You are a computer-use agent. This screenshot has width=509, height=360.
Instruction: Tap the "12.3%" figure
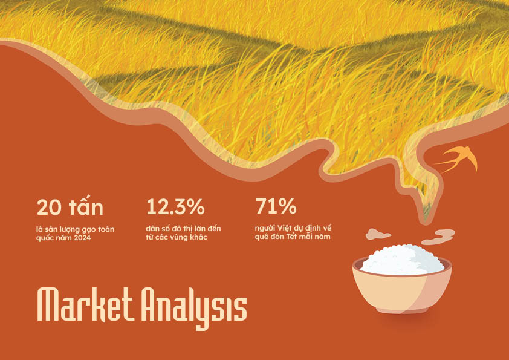coord(175,207)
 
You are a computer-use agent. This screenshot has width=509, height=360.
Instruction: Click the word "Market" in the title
coord(85,305)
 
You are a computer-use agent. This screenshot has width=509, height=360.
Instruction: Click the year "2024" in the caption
coord(82,238)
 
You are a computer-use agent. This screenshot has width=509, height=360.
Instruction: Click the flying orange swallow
coord(459,159)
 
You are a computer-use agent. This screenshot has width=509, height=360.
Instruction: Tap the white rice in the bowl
coord(402,260)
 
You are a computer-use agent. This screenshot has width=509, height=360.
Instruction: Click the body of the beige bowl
coord(402,292)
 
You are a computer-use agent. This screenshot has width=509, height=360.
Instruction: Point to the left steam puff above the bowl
coord(378,234)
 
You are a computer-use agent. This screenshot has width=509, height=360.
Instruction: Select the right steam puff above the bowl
coord(438,237)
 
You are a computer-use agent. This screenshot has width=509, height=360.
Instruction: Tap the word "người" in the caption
coord(262,229)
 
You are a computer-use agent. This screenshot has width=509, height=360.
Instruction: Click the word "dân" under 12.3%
coord(152,229)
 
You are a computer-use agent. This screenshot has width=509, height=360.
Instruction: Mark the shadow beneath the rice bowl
coord(403,320)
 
